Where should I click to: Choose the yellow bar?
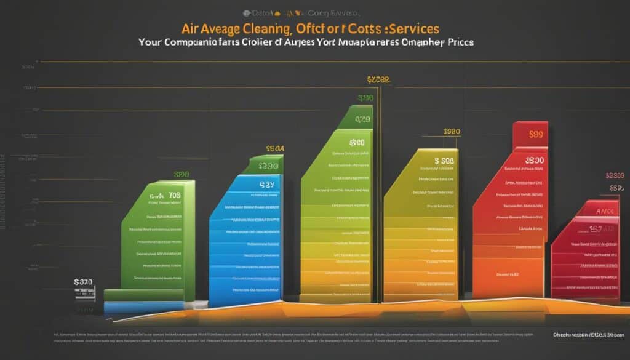click(x=421, y=228)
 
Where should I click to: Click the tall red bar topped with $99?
click(x=511, y=215)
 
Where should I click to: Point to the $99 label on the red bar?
click(x=535, y=133)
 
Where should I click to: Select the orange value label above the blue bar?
click(x=275, y=148)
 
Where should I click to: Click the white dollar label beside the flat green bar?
click(x=83, y=282)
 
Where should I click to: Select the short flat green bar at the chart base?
click(x=143, y=295)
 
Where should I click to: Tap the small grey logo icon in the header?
click(x=247, y=12)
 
